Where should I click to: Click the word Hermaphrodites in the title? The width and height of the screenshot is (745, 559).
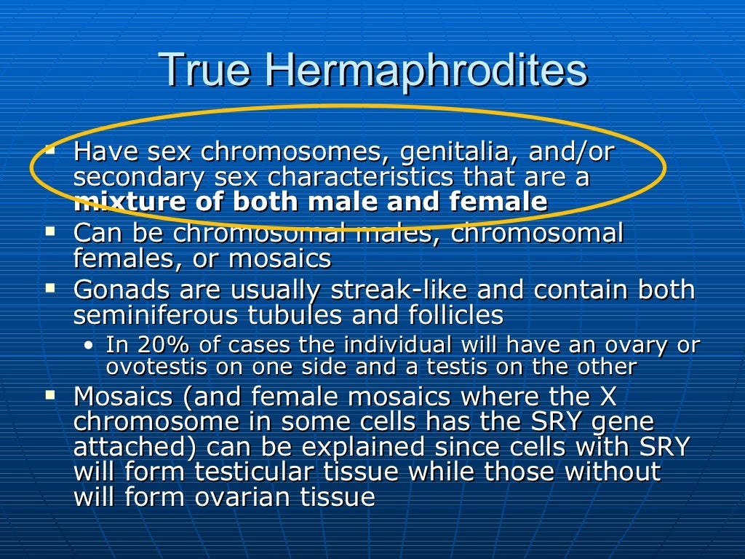click(425, 71)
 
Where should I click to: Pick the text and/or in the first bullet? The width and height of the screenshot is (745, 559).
click(572, 152)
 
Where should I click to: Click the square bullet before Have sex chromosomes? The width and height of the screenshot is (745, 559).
click(50, 150)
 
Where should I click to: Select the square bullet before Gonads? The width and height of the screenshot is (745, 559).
click(50, 288)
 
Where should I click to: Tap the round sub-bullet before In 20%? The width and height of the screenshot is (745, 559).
click(88, 345)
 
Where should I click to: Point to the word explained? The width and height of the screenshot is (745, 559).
click(361, 447)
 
